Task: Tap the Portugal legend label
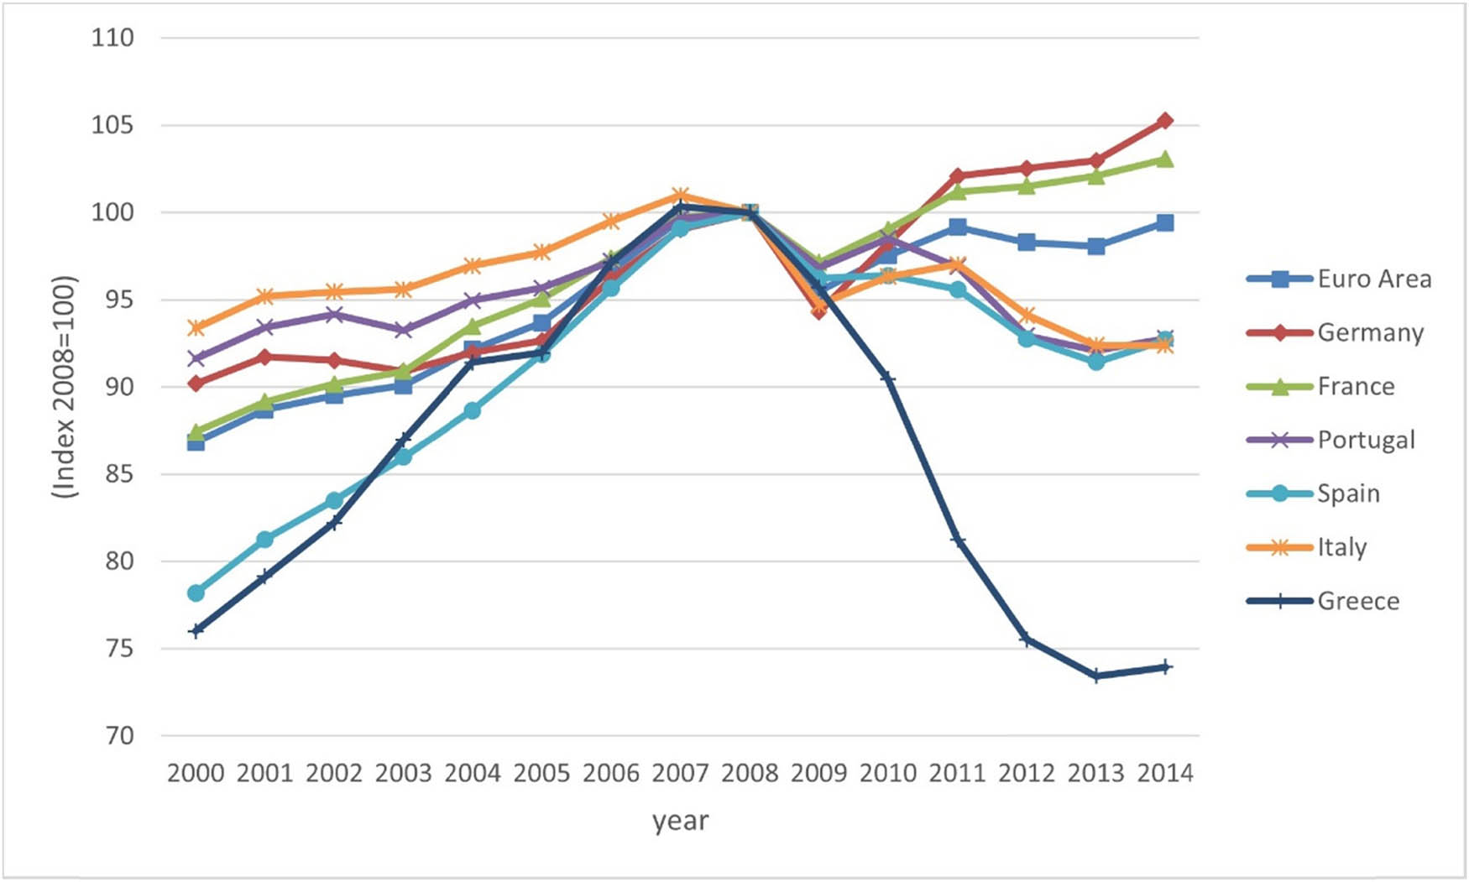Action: click(1366, 440)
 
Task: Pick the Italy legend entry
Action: click(1341, 547)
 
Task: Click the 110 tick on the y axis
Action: click(112, 38)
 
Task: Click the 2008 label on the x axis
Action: click(750, 773)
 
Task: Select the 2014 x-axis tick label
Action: click(1165, 773)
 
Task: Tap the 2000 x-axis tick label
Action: click(196, 773)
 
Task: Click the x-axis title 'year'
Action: click(680, 821)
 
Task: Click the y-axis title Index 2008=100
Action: click(65, 386)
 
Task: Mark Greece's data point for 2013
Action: click(1096, 676)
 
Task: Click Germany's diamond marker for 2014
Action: click(1165, 121)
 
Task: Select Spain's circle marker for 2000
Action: click(196, 593)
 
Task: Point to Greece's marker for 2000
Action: click(196, 631)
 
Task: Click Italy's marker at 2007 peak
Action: click(681, 196)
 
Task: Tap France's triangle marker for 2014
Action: click(1165, 159)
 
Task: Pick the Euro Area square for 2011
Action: click(958, 227)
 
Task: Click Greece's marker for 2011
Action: click(958, 541)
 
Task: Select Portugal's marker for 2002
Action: click(334, 315)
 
